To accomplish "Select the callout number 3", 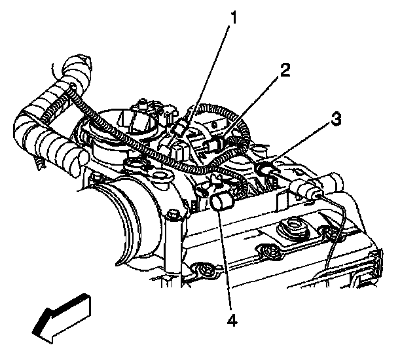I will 335,120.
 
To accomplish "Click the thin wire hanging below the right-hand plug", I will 333,236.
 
